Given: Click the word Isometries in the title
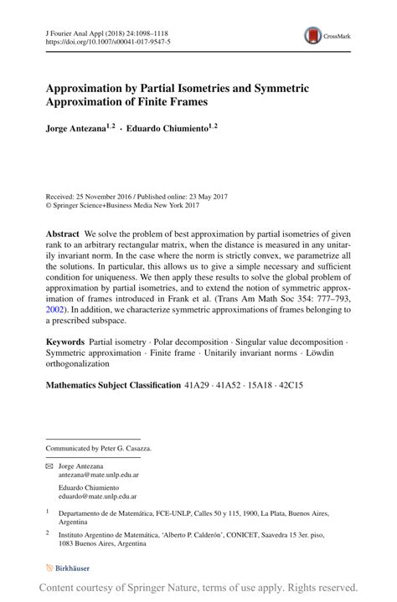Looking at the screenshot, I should [193, 87].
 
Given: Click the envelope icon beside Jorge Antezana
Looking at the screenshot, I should [49, 465].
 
